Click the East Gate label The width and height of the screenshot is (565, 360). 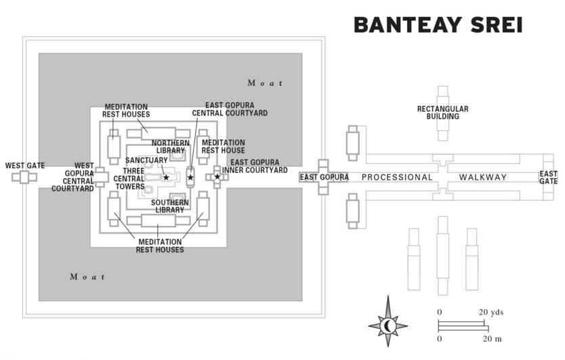pos(548,178)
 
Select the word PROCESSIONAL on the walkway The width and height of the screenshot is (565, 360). pos(396,178)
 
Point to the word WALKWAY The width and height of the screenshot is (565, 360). pos(483,178)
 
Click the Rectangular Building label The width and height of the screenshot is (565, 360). pos(442,113)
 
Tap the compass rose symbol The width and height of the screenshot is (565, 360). pos(388,326)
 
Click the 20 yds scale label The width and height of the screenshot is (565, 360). pos(493,312)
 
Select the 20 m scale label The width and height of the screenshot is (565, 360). pos(492,338)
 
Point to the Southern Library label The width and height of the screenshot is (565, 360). pos(169,206)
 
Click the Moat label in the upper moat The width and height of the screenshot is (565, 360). pos(265,83)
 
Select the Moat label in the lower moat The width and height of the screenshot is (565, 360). pos(88,277)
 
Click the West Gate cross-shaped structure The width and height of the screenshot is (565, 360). pos(24,178)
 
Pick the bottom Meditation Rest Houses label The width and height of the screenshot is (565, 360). pos(161,245)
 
